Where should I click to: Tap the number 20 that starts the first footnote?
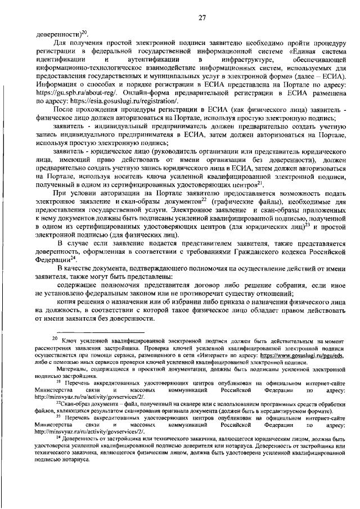[x=55, y=339]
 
